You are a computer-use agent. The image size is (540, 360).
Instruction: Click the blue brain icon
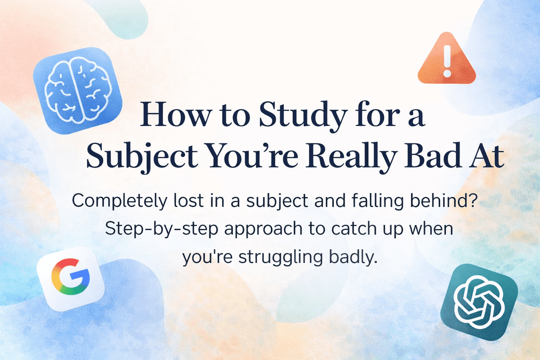pos(78,90)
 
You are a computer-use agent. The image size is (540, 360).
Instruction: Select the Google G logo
pos(71,278)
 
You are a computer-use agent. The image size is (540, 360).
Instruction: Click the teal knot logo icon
pos(479,302)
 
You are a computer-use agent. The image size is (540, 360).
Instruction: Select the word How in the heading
pos(176,115)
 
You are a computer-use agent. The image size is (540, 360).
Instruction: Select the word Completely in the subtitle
pos(120,201)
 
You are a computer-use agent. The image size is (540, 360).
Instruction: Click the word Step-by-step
pos(162,229)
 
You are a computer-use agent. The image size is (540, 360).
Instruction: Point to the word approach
pos(263,229)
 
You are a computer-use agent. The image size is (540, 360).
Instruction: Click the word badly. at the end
pos(353,257)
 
